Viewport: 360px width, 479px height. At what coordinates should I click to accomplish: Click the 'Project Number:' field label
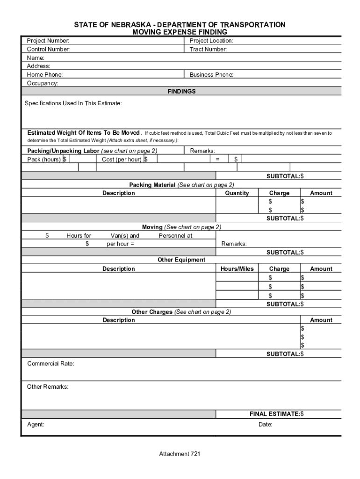pos(48,41)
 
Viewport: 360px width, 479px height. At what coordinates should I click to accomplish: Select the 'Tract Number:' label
pos(208,49)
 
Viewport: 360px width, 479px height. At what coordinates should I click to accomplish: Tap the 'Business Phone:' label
pos(211,75)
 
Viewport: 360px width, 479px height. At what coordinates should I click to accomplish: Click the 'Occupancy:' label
pos(43,83)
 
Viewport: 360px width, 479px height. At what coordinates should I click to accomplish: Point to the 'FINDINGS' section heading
pos(181,92)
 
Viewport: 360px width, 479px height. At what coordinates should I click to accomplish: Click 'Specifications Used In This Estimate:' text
pos(73,103)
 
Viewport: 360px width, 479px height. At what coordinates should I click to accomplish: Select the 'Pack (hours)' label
pos(44,160)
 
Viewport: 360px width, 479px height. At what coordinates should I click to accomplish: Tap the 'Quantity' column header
pos(237,193)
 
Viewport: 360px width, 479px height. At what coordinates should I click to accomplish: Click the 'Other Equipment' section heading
pos(181,260)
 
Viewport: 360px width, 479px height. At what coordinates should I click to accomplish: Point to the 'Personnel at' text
pos(175,236)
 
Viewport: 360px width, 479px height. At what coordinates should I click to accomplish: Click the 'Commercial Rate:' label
pos(50,363)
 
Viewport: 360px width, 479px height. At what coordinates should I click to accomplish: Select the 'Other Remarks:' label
pos(48,387)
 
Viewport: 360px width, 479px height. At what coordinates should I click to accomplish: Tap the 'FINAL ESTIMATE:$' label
pos(276,414)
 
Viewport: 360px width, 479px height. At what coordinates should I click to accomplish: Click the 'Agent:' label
pos(36,425)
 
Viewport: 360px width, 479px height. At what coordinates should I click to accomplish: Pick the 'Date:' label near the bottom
pos(265,425)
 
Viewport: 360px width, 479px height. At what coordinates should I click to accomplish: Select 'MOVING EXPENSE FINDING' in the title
pos(180,32)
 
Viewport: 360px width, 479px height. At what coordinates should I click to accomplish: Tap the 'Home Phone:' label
pos(45,75)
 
